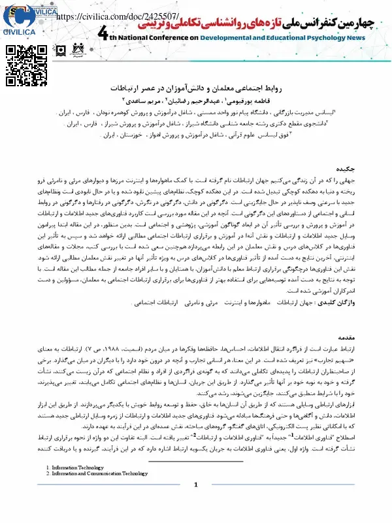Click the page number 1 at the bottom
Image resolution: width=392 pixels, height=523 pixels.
(x=195, y=503)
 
